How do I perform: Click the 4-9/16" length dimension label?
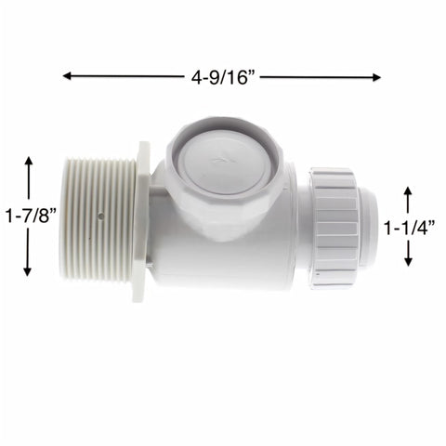pos(222,77)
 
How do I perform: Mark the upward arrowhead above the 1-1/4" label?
pos(407,190)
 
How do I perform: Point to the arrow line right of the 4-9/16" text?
pos(321,77)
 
